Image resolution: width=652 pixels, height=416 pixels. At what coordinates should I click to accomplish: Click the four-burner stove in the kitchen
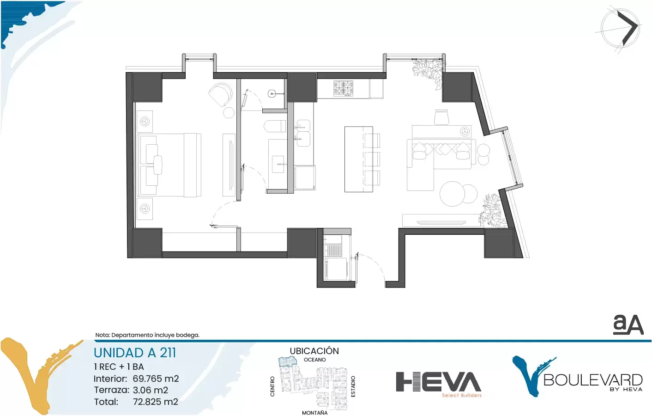point(344,88)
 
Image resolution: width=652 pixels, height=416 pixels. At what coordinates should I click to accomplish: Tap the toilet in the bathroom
point(275,127)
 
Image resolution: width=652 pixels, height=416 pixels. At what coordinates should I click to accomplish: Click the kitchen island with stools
point(362,159)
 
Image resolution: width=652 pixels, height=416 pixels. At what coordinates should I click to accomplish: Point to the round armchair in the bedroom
point(221,95)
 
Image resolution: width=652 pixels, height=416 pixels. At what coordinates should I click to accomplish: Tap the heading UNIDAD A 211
point(135,353)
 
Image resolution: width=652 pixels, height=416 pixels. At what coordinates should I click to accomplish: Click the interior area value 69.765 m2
point(156,379)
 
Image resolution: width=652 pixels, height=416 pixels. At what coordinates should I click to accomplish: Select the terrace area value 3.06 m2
point(151,390)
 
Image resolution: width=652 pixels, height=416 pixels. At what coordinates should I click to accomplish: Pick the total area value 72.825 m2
point(156,402)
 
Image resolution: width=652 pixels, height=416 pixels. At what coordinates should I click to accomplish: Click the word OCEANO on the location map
point(314,360)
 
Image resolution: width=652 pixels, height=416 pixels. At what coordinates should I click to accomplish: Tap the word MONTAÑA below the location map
point(314,412)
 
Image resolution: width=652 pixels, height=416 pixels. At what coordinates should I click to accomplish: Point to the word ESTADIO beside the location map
point(353,386)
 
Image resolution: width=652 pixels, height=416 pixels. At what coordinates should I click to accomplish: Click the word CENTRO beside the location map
point(272,386)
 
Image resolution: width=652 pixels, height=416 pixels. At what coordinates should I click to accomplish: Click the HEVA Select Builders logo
point(438,384)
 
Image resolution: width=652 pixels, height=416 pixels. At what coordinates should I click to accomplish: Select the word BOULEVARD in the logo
point(592,380)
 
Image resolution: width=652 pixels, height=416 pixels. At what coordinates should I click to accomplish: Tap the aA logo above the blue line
point(628,325)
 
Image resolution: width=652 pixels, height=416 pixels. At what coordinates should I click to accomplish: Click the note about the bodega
point(147,335)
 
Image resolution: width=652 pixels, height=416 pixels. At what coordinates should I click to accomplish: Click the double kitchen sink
point(303,133)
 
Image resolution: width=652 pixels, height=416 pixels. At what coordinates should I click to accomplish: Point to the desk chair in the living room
point(441,117)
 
